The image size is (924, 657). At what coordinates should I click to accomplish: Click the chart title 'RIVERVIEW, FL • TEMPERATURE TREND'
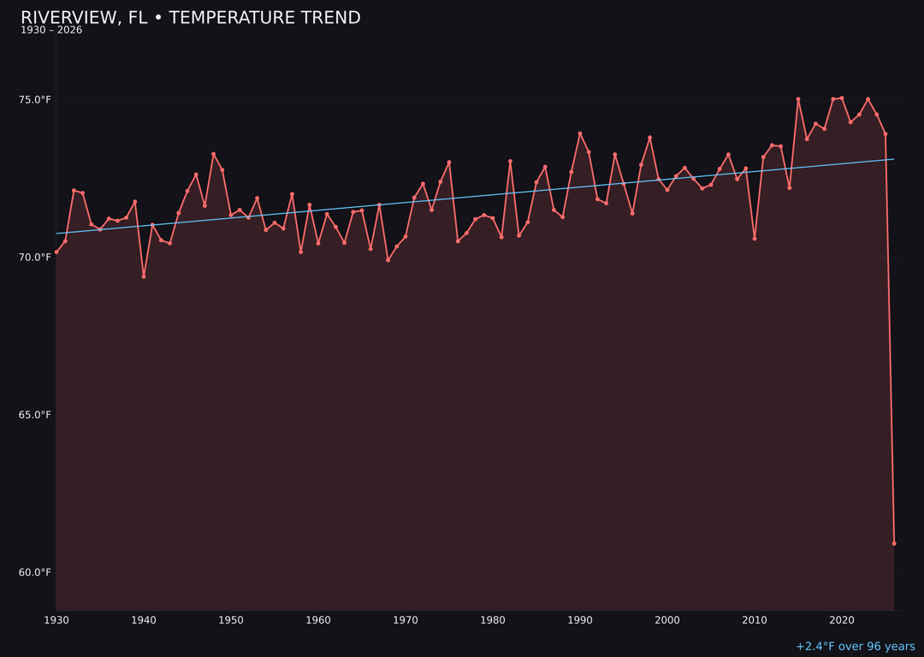click(191, 18)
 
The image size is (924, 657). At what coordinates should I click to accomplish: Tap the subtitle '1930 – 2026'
click(51, 31)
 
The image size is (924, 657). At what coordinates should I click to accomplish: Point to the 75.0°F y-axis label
click(35, 100)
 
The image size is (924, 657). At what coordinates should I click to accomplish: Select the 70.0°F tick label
click(35, 257)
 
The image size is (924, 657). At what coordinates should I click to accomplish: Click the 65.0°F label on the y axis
click(35, 415)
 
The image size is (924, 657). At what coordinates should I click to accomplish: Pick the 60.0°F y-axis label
click(35, 572)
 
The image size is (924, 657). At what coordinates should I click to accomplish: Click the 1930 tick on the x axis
click(56, 620)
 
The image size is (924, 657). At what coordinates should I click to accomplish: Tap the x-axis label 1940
click(144, 620)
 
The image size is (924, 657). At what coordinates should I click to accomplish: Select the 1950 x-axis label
click(231, 620)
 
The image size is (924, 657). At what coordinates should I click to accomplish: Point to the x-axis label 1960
click(318, 620)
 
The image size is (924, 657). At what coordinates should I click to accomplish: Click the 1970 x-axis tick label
click(406, 620)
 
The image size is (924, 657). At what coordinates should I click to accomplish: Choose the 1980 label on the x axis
click(493, 620)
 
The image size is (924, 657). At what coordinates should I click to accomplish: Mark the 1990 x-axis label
click(580, 620)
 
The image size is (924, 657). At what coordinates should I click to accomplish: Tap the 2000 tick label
click(667, 620)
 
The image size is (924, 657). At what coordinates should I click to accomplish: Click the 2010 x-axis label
click(755, 620)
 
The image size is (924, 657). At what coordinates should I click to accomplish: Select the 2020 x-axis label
click(842, 620)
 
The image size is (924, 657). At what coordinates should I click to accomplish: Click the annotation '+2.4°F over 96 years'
click(855, 647)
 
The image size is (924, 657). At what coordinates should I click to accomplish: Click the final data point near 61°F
click(894, 543)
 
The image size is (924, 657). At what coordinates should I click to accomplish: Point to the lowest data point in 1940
click(144, 276)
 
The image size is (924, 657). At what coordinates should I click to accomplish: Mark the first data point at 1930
click(56, 252)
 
